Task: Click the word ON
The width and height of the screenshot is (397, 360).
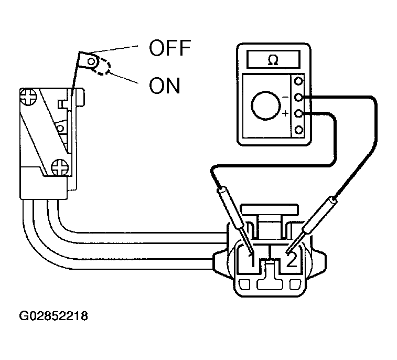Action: click(164, 85)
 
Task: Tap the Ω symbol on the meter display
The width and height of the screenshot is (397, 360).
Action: click(273, 60)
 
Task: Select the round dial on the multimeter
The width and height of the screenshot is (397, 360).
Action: click(266, 107)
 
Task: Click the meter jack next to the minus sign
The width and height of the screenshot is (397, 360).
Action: click(299, 98)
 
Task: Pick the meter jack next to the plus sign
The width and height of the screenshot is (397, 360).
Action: click(299, 114)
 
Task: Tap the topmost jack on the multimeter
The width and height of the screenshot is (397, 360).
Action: click(299, 81)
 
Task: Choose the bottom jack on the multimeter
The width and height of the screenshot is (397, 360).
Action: click(299, 130)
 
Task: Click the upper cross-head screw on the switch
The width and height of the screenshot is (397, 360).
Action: click(26, 97)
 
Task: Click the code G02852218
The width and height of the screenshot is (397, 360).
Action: click(53, 316)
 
